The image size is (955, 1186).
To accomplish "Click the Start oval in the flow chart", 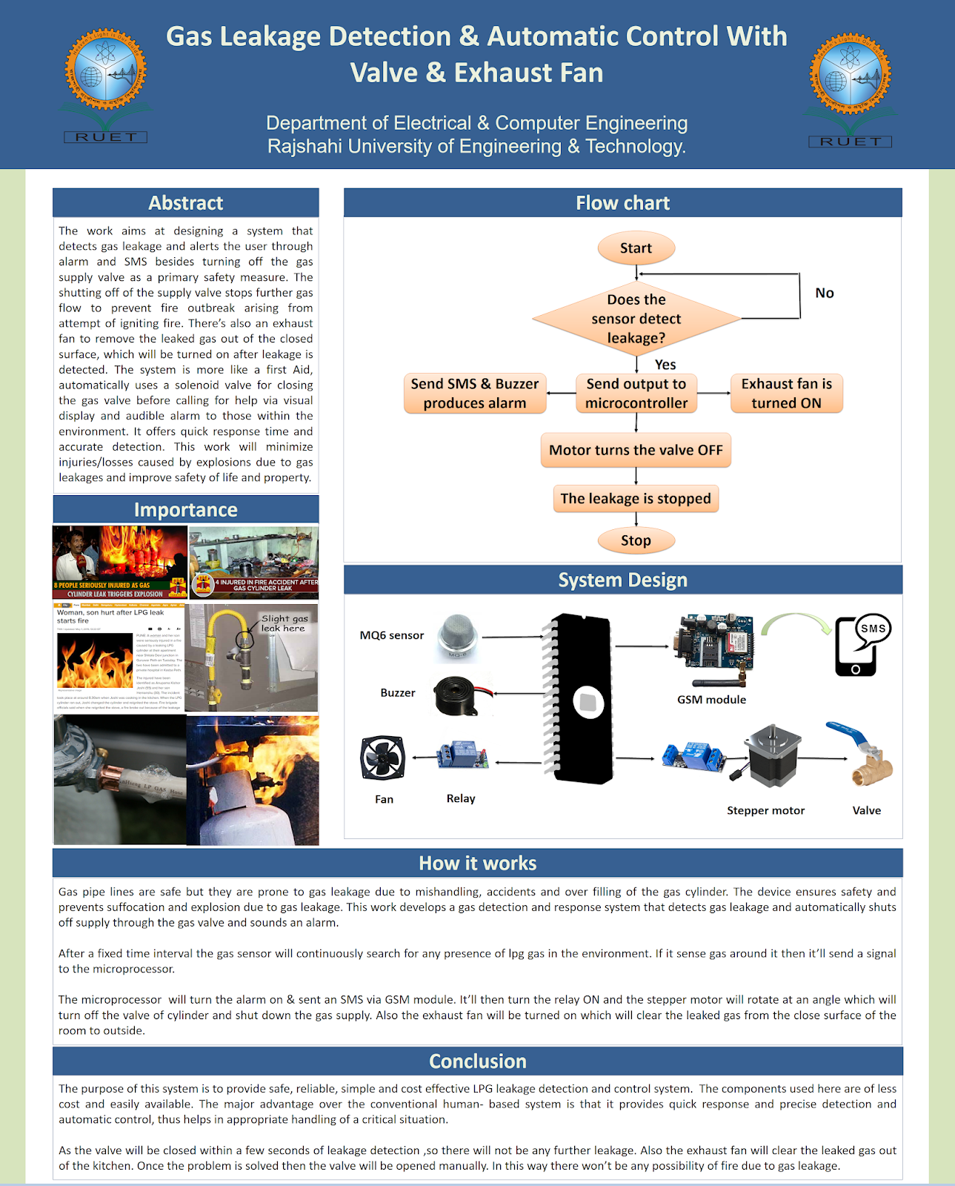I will pos(636,248).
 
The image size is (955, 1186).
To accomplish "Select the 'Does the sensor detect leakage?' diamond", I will pos(636,319).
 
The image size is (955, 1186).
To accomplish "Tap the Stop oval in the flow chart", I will pos(636,540).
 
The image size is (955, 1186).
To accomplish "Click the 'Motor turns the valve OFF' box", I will pos(636,450).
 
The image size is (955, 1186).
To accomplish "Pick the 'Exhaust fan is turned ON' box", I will pos(786,394).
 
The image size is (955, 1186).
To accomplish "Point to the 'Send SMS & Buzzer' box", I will pos(475,394).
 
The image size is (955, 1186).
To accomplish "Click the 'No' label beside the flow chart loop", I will pos(825,293).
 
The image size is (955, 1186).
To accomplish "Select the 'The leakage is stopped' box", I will pos(636,499).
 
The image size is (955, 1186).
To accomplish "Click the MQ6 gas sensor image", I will pos(459,636).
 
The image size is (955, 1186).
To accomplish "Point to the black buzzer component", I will pos(460,695).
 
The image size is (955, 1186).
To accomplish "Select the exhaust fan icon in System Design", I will pos(382,758).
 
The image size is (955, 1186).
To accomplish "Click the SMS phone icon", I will pos(862,646).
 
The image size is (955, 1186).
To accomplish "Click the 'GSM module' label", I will pos(711,700).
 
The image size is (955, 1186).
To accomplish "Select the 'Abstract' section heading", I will pos(185,203).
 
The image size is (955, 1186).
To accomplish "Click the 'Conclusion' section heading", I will pos(478,1061).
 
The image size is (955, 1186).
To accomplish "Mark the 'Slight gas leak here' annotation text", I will pos(284,623).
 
